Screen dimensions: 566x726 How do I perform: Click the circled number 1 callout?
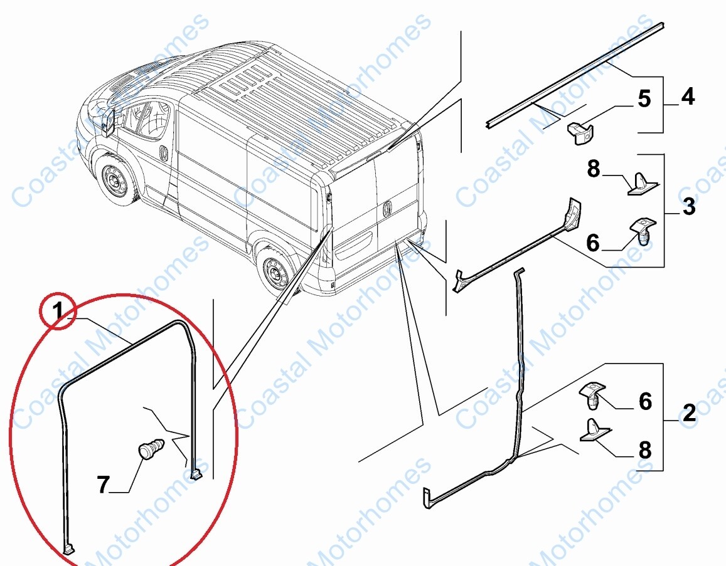[x=57, y=310]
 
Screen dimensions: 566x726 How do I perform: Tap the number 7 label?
[x=104, y=484]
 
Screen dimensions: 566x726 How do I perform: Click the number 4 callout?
[x=688, y=97]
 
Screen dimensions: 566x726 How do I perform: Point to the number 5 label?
[x=644, y=100]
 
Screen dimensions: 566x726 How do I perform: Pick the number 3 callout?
[x=688, y=207]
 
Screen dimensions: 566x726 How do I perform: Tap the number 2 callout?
[x=688, y=413]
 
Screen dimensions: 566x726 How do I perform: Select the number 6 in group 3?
[x=593, y=243]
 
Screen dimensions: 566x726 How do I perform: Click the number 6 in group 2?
[x=644, y=401]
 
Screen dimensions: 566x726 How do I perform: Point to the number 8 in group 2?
[x=644, y=450]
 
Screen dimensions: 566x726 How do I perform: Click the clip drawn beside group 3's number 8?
[x=643, y=184]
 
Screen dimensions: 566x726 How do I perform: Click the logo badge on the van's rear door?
[x=387, y=206]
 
